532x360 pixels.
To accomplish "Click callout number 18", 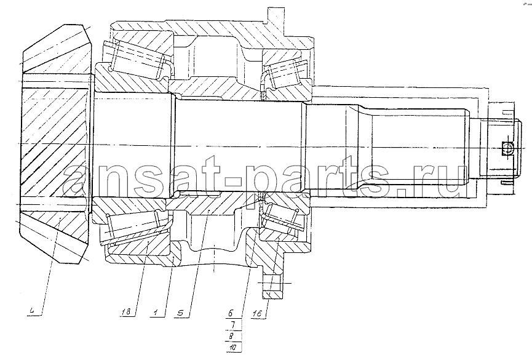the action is click(x=126, y=312).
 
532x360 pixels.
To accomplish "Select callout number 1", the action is click(x=156, y=312).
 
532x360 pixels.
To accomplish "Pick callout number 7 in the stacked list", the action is click(x=232, y=325).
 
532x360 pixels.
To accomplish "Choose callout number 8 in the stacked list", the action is click(x=231, y=336).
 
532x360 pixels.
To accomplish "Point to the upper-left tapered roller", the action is click(x=138, y=60).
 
